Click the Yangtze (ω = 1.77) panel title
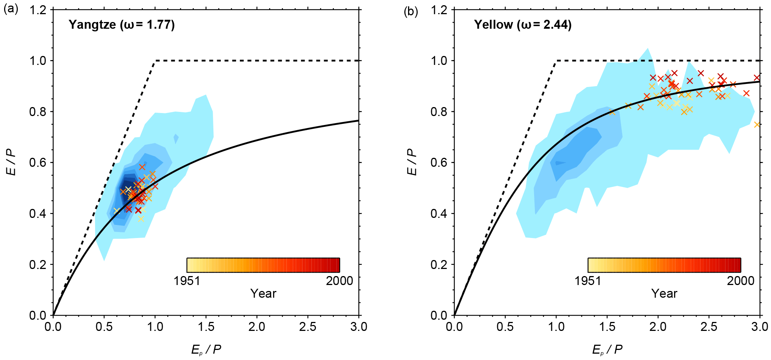[x=122, y=25]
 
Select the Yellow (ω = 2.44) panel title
[x=523, y=25]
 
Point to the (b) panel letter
[x=411, y=12]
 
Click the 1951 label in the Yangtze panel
[x=187, y=281]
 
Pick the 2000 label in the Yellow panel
[x=740, y=281]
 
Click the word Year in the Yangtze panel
[x=263, y=294]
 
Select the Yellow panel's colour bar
[x=664, y=265]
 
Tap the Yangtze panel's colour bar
[x=263, y=265]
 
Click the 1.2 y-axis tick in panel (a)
[x=38, y=10]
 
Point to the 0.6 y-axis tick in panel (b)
[x=439, y=163]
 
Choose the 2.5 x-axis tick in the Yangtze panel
[x=308, y=327]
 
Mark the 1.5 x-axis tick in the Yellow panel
[x=607, y=327]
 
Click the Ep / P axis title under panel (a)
[x=206, y=350]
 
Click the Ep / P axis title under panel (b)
[x=607, y=350]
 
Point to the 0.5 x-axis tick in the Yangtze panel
[x=104, y=327]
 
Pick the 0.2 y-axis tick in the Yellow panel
[x=439, y=264]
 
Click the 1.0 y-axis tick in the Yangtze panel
[x=38, y=60]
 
